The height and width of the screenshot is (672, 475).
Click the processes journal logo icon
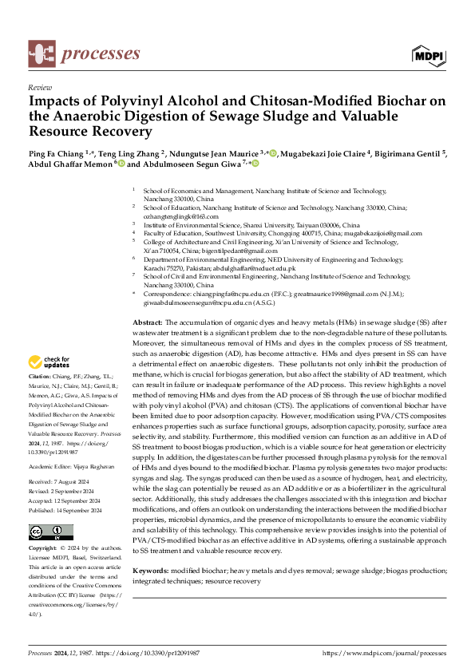pyautogui.click(x=42, y=54)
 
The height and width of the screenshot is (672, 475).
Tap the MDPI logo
pyautogui.click(x=429, y=55)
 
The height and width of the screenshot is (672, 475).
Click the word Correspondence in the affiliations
pyautogui.click(x=170, y=294)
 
